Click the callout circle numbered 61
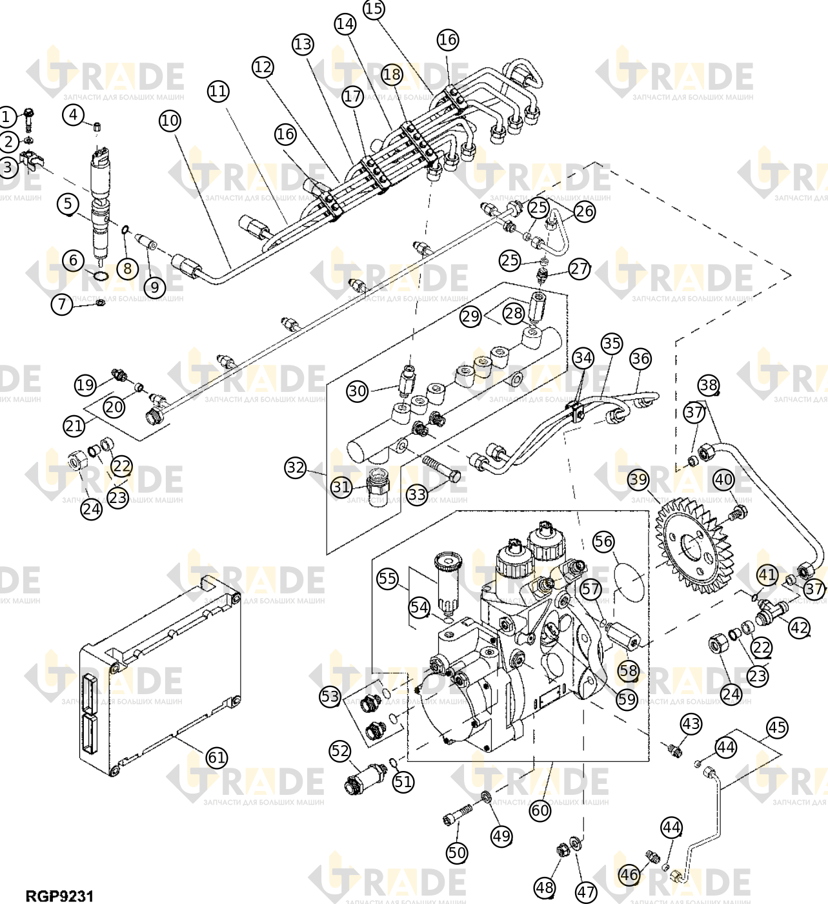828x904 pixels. pos(216,757)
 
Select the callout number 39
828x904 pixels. pos(639,480)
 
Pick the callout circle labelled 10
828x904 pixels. pos(170,120)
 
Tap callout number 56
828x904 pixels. pos(603,541)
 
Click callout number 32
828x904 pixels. pos(296,467)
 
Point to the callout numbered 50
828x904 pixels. pos(457,852)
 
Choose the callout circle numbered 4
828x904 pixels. pos(73,114)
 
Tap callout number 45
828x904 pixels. pos(777,727)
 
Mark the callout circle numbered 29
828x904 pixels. pos(470,316)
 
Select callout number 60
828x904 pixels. pos(541,811)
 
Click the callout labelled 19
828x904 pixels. pos(85,384)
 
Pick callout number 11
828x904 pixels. pos(218,92)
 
